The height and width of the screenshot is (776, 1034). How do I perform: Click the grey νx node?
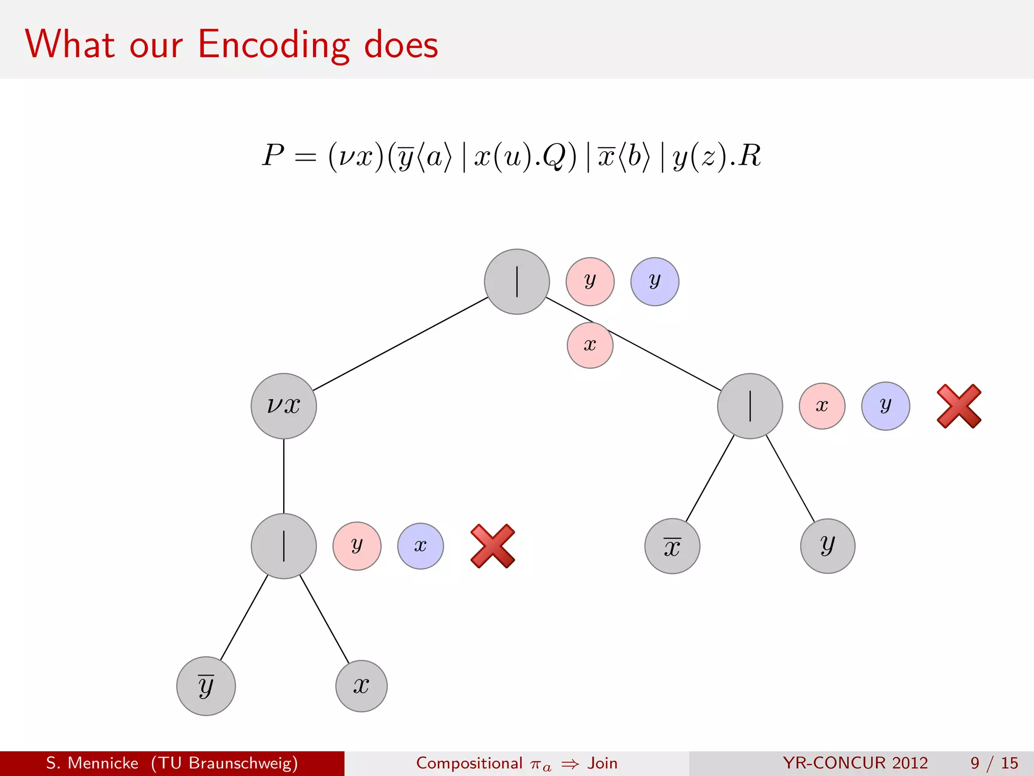284,406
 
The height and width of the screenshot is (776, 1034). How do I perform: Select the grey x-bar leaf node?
672,546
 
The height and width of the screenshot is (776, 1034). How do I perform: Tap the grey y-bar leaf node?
206,686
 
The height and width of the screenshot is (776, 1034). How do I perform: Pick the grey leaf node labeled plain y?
828,546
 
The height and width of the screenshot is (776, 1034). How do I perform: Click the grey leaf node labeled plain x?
361,686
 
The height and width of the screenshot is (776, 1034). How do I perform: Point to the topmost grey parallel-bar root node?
516,281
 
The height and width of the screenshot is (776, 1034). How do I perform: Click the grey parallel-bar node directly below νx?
284,546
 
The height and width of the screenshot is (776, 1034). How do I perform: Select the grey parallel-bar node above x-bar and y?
750,406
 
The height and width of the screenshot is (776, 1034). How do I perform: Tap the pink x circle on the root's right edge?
590,346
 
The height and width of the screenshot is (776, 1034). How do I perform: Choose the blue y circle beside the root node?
654,281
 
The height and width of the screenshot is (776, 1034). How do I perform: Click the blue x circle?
421,546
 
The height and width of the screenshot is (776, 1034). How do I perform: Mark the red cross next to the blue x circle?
493,546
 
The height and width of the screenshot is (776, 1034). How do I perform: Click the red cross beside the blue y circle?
959,406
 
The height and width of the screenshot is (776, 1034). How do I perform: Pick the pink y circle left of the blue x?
357,546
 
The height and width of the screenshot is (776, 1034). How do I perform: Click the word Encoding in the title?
273,45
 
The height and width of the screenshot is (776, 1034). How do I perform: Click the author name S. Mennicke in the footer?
92,763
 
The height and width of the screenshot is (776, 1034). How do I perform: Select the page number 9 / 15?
994,763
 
